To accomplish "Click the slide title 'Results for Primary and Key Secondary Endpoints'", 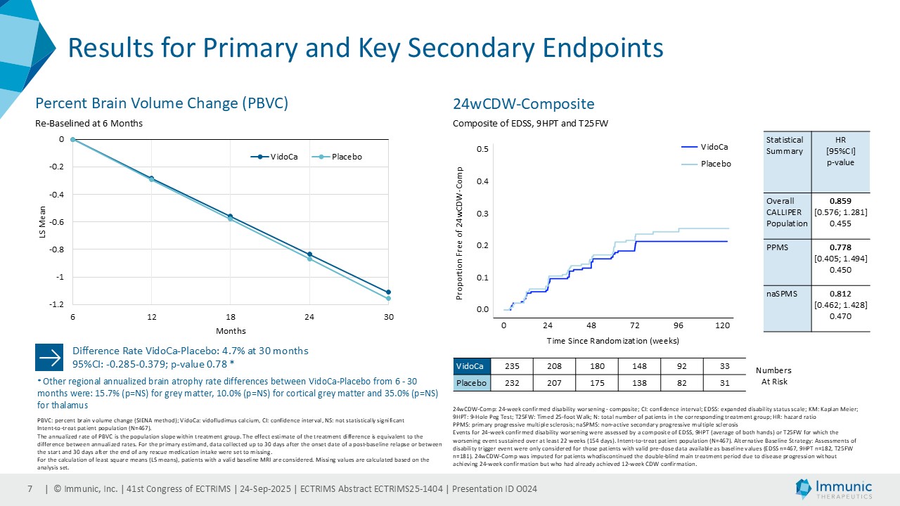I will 365,48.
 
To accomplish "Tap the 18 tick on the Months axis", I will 231,318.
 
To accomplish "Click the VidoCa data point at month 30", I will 388,292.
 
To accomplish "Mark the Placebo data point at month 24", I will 309,259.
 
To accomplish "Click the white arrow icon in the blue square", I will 49,357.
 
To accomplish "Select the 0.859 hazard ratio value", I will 840,201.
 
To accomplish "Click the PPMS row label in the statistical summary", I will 777,247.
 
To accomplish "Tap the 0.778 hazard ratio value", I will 840,247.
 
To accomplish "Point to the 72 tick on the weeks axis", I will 635,326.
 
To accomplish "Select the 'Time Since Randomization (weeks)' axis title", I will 612,341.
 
